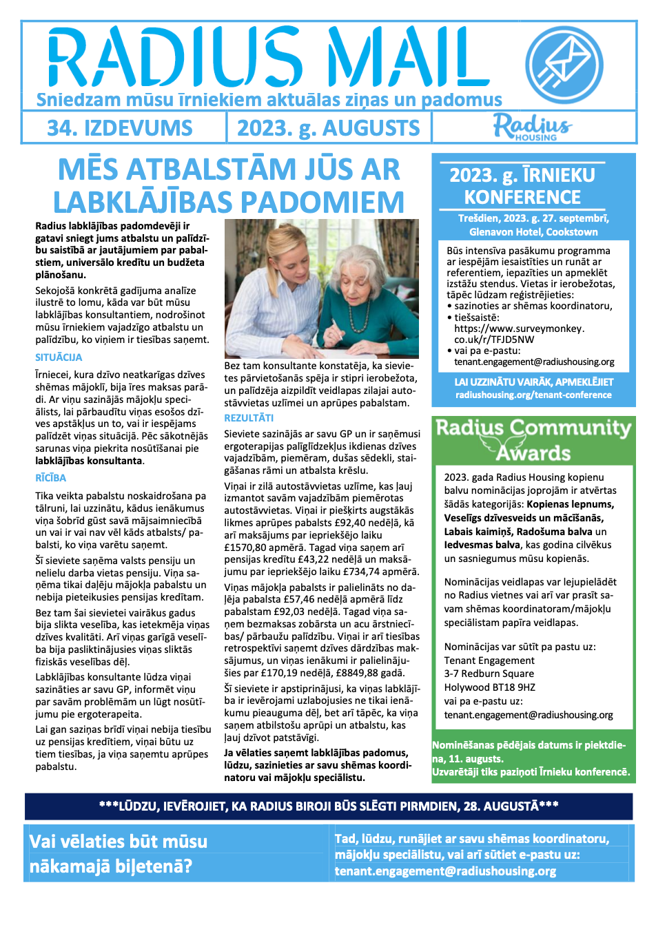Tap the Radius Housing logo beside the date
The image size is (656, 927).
pos(532,127)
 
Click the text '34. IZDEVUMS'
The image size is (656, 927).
pos(120,128)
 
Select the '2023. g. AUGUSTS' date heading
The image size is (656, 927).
pos(328,128)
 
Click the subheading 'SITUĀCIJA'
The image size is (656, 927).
pos(59,357)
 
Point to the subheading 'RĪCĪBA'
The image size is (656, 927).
pos(51,478)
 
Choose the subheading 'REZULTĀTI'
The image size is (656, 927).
pos(249,418)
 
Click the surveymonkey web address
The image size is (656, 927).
pos(518,334)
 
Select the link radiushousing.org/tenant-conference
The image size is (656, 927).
pos(533,395)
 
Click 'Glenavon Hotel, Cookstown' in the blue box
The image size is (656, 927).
pos(533,232)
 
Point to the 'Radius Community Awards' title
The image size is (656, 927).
pos(533,439)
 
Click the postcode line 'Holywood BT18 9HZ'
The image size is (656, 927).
pos(489,687)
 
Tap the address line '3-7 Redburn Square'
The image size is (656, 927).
pos(489,674)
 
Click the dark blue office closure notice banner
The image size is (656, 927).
pos(328,806)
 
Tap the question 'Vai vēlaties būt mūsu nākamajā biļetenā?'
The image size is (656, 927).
pos(119,853)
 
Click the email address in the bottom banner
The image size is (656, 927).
pos(445,871)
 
